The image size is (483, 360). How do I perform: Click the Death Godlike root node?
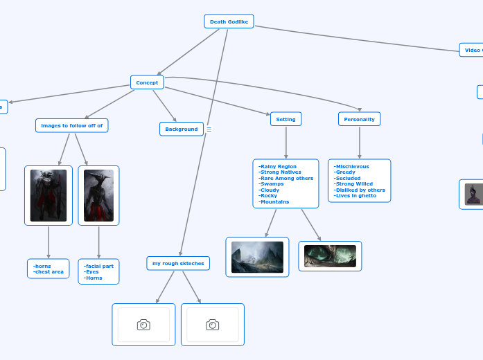(x=229, y=21)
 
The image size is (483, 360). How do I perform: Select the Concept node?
(x=147, y=82)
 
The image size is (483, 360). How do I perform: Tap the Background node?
(x=182, y=129)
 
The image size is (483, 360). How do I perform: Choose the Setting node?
(x=286, y=119)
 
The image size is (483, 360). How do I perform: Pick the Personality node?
(x=359, y=119)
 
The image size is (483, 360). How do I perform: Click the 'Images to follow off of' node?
(x=72, y=125)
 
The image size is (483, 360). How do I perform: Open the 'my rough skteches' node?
(x=178, y=263)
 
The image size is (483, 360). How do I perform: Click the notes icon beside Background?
(x=209, y=129)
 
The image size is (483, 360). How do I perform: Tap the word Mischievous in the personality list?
(x=352, y=166)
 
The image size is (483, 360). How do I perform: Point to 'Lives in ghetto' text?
(x=355, y=196)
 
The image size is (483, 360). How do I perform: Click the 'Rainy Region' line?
(x=278, y=166)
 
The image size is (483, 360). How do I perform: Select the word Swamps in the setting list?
(x=272, y=184)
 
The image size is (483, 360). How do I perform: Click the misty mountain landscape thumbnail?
(x=257, y=257)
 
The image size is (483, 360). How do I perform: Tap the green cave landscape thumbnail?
(x=330, y=256)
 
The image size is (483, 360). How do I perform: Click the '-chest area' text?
(x=49, y=272)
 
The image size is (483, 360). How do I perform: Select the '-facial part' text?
(x=98, y=266)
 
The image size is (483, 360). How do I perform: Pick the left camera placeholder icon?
(x=143, y=325)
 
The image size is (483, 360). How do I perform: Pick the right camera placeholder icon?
(x=213, y=325)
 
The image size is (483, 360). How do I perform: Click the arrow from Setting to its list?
(x=286, y=143)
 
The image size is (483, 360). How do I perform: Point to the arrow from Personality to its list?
(x=359, y=143)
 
